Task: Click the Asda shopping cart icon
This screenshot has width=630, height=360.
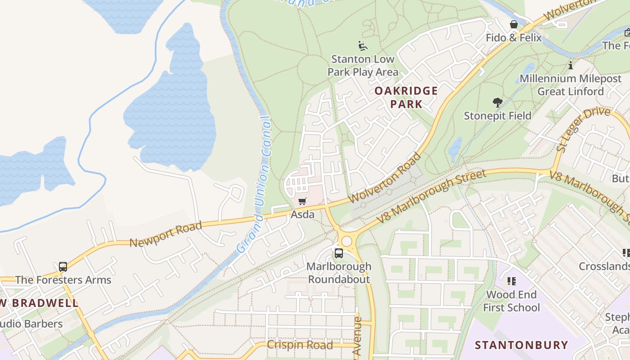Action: click(302, 202)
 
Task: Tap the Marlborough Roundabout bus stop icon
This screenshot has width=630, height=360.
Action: click(338, 253)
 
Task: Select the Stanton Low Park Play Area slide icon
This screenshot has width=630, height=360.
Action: click(363, 46)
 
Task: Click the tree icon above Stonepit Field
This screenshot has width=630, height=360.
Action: click(497, 103)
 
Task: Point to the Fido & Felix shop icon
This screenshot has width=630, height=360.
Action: click(513, 24)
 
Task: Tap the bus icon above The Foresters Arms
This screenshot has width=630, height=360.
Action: click(63, 267)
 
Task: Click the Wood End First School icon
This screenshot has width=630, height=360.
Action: click(511, 281)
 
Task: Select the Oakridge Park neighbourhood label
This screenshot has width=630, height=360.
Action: click(406, 97)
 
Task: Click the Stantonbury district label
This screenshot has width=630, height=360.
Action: click(522, 345)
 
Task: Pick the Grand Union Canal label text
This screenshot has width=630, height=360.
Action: click(255, 184)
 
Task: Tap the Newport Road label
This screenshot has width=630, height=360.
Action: click(166, 234)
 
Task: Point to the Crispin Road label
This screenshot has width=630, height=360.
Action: click(300, 345)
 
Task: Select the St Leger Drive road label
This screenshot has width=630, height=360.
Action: click(583, 129)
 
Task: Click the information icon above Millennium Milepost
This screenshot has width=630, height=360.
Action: click(571, 66)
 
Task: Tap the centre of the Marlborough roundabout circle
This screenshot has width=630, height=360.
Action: click(346, 241)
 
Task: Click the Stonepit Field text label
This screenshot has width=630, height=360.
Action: click(497, 116)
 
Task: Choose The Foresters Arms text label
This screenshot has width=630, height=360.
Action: click(63, 280)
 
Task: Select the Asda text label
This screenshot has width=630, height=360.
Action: click(302, 215)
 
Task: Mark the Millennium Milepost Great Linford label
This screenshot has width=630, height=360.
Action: click(571, 85)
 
